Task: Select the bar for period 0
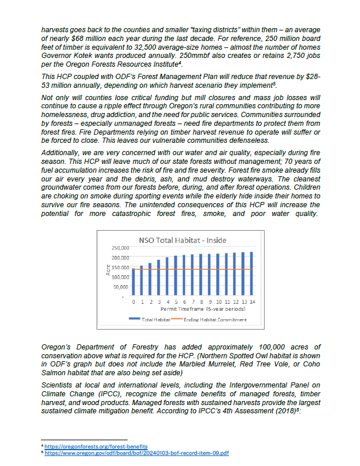pyautogui.click(x=133, y=282)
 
